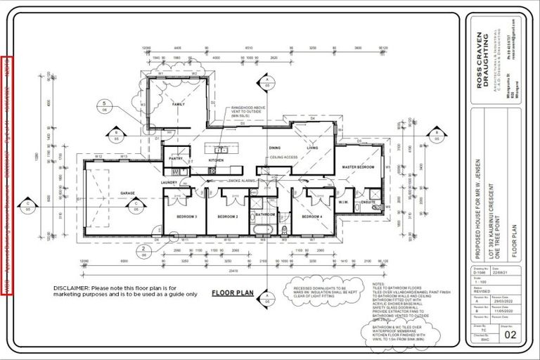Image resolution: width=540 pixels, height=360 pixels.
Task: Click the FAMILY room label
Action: (178, 103)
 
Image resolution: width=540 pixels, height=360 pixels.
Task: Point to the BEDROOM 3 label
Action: (186, 217)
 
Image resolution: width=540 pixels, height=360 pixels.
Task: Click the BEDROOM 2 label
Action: (227, 217)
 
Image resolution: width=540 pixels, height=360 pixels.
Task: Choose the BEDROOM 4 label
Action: (311, 217)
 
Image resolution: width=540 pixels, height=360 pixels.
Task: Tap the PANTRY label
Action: (176, 160)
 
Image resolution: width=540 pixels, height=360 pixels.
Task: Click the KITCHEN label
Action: (217, 160)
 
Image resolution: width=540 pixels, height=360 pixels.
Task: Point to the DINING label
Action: (275, 148)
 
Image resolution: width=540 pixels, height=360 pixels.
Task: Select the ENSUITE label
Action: (368, 202)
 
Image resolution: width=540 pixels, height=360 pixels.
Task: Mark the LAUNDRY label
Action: (169, 182)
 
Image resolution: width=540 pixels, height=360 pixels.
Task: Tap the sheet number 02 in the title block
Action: (510, 336)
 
